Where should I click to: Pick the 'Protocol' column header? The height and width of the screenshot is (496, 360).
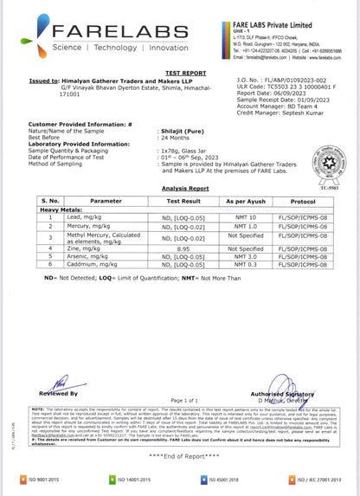pos(302,200)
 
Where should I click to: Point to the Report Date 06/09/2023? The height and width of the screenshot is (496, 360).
pos(285,94)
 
